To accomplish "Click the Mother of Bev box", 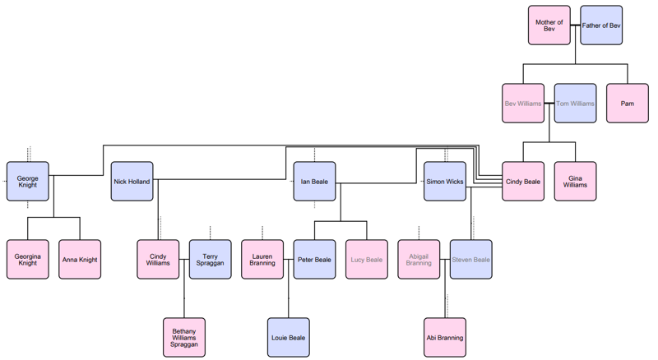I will click(x=549, y=25).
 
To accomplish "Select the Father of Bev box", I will click(x=601, y=25).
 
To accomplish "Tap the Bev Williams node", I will click(x=522, y=104).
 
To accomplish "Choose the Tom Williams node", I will click(x=575, y=104).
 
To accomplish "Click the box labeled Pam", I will click(x=628, y=104).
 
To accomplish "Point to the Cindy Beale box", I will click(x=522, y=182).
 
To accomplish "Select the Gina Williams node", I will click(x=575, y=182).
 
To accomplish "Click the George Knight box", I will click(x=27, y=182).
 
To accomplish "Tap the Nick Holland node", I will click(x=132, y=182).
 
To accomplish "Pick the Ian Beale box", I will click(x=314, y=182).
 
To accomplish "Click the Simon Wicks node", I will click(x=445, y=182).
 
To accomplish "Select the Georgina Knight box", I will click(x=27, y=260).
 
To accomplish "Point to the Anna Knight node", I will click(x=80, y=260).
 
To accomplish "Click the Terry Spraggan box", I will click(x=210, y=260).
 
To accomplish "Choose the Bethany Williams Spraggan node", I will click(x=183, y=338).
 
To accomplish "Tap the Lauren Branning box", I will click(x=262, y=260).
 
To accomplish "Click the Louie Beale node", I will click(x=288, y=338).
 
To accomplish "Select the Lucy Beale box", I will click(x=366, y=260).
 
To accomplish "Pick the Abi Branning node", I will click(x=445, y=338).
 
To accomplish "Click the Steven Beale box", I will click(x=471, y=260).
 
